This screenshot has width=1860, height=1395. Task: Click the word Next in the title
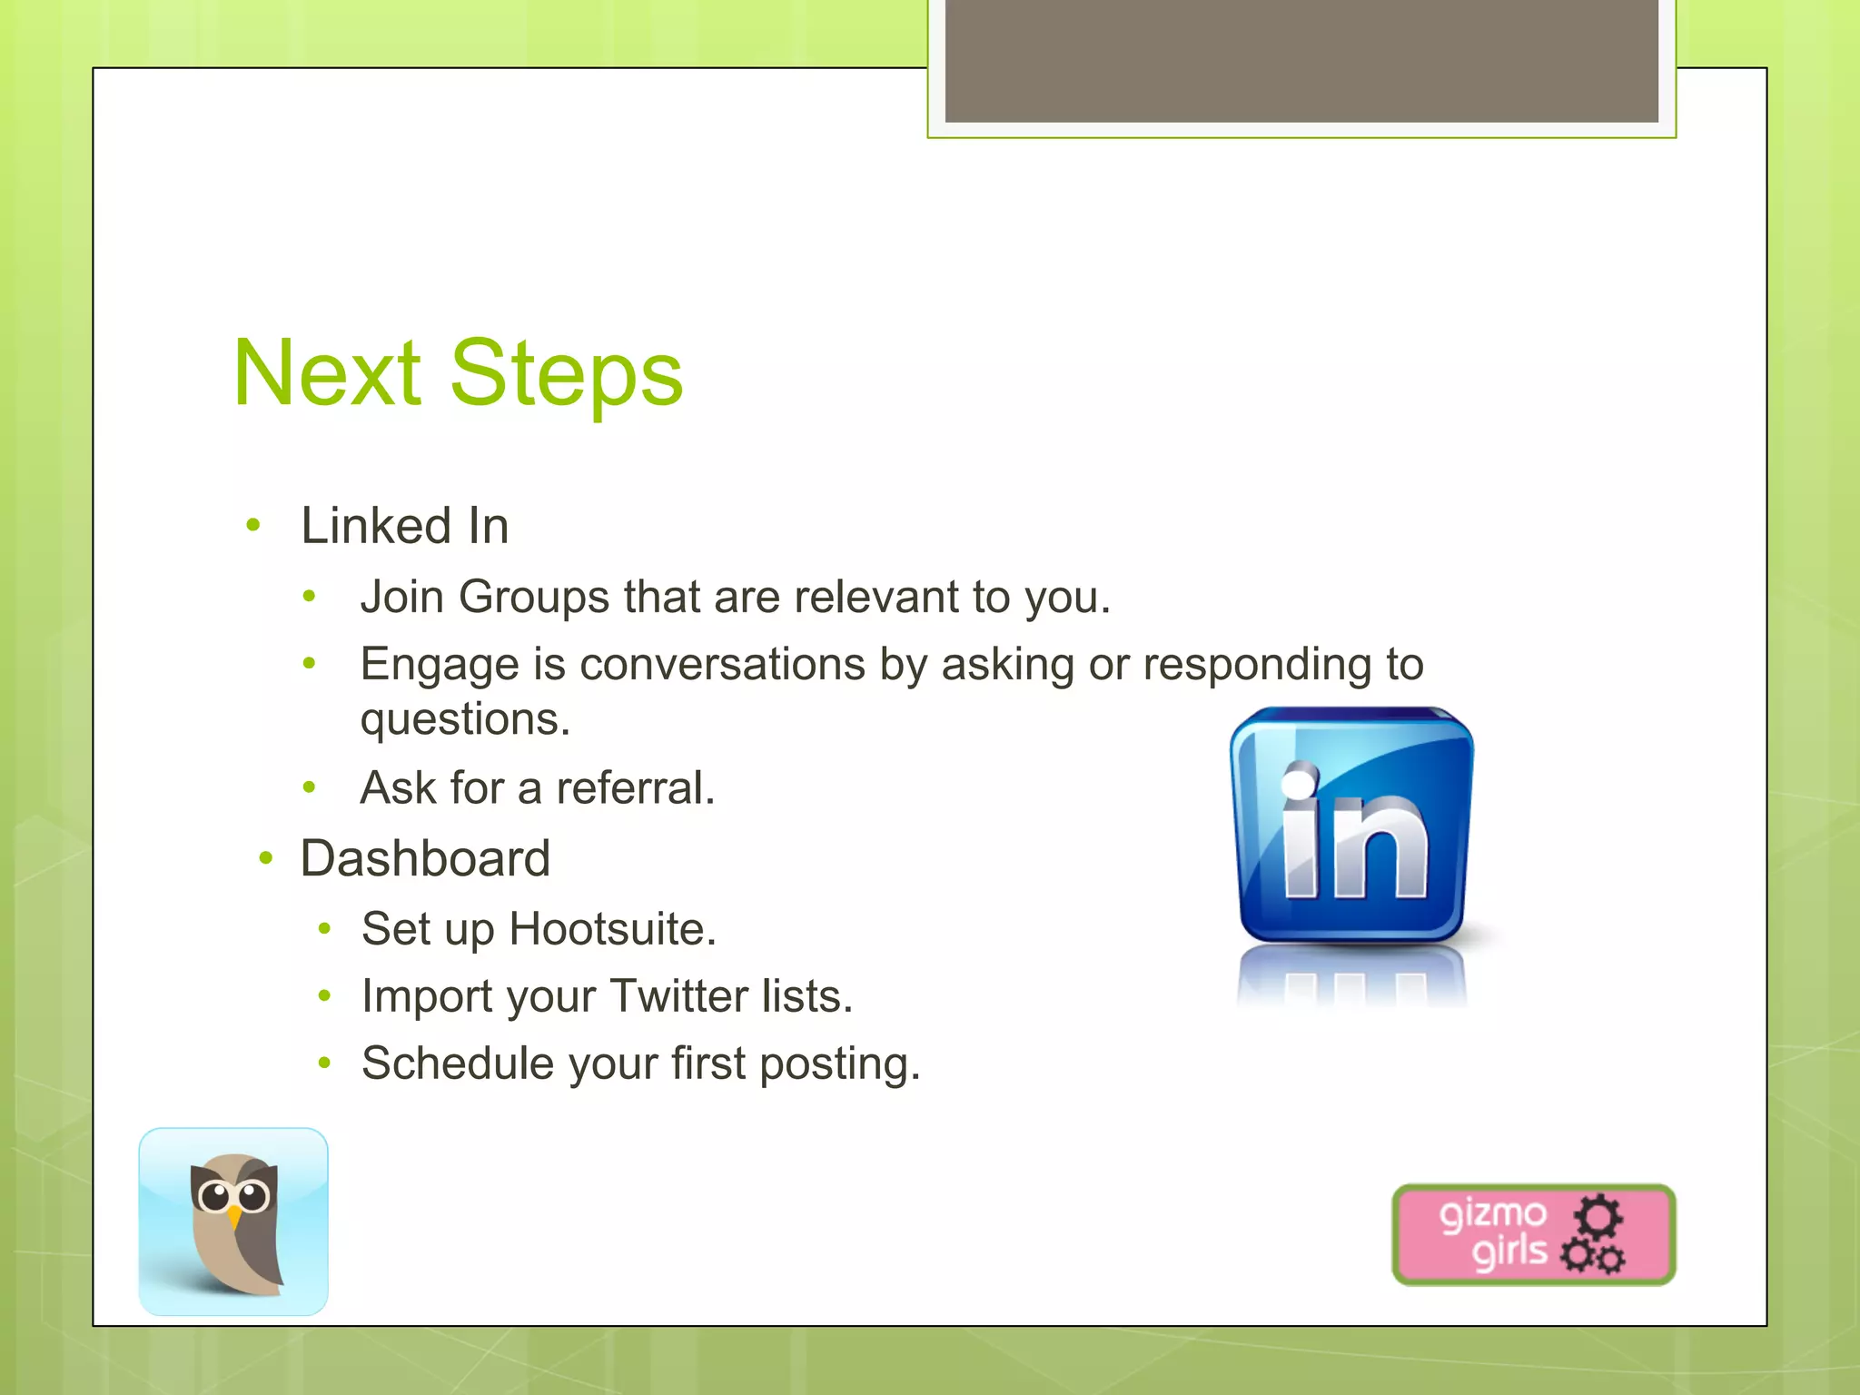pyautogui.click(x=327, y=373)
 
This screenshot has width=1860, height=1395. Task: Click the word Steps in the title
pyautogui.click(x=566, y=373)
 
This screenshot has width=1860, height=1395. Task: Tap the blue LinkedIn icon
pyautogui.click(x=1352, y=826)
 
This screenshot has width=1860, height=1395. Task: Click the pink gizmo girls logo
pyautogui.click(x=1533, y=1234)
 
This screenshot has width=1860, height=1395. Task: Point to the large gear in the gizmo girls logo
pyautogui.click(x=1598, y=1215)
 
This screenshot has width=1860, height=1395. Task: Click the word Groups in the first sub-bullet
pyautogui.click(x=533, y=598)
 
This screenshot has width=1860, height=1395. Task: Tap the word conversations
pyautogui.click(x=722, y=664)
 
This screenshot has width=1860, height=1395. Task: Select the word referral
pyautogui.click(x=635, y=787)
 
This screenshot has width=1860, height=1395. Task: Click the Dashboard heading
pyautogui.click(x=425, y=858)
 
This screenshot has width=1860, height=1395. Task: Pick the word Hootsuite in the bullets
pyautogui.click(x=612, y=929)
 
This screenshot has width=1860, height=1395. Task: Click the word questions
pyautogui.click(x=464, y=720)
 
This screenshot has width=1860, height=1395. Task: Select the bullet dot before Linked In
pyautogui.click(x=253, y=525)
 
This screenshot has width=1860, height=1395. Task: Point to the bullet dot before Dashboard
pyautogui.click(x=266, y=858)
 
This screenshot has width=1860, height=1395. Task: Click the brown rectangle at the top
pyautogui.click(x=1301, y=60)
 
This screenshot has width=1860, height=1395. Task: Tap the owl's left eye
pyautogui.click(x=215, y=1196)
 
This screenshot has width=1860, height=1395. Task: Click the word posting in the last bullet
pyautogui.click(x=839, y=1064)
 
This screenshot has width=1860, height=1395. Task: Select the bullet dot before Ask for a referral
pyautogui.click(x=310, y=787)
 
